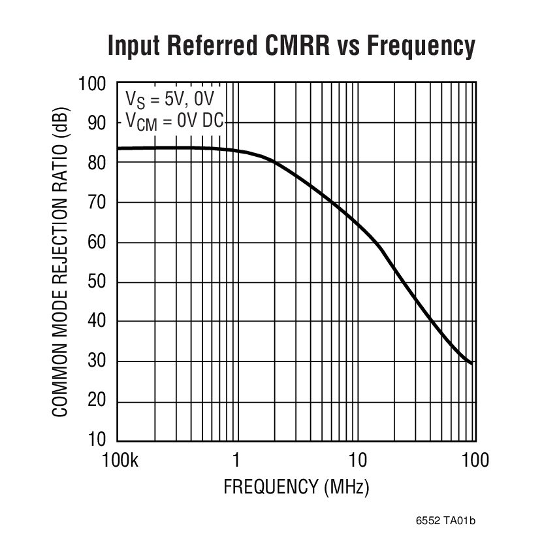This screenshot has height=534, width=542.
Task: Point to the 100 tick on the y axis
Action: point(92,84)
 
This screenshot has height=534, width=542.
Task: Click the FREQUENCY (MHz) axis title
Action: point(296,488)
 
